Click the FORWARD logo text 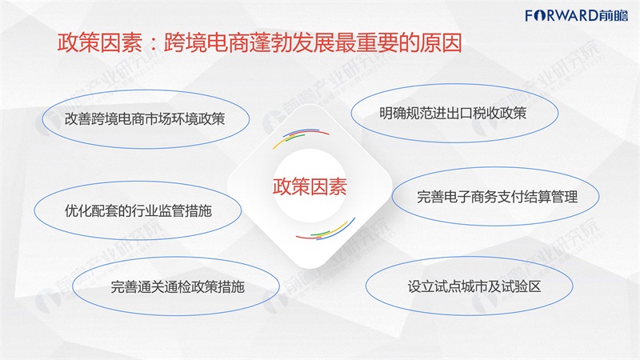[x=562, y=15]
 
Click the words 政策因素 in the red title [x=99, y=42]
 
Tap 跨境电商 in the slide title [x=206, y=42]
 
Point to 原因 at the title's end [x=441, y=42]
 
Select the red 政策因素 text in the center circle [x=310, y=186]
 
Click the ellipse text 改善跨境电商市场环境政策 [x=145, y=118]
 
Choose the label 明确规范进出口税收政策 [x=453, y=113]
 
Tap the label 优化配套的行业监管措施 [x=138, y=210]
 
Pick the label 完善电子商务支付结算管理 [x=497, y=197]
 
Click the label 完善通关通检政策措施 [x=178, y=286]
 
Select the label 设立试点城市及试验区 [x=474, y=286]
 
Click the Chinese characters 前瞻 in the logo [x=614, y=15]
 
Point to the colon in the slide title [x=153, y=43]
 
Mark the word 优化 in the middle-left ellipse [x=78, y=210]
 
